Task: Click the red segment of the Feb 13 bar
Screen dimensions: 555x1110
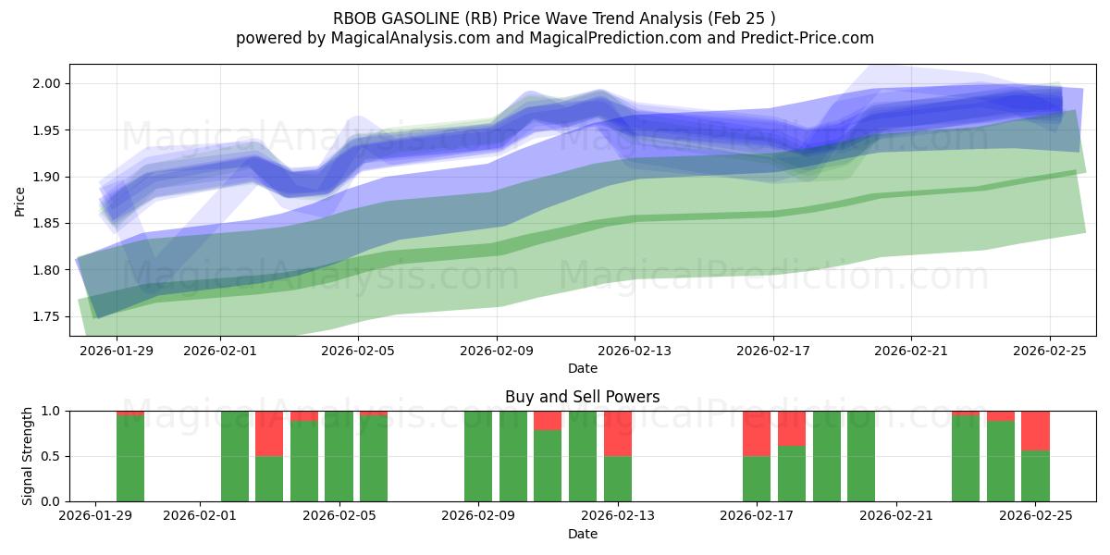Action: [x=618, y=433]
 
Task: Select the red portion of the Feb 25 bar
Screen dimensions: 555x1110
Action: [x=1035, y=430]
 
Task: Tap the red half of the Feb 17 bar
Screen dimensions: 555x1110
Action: [x=757, y=433]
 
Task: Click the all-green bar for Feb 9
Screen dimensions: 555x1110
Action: [x=478, y=456]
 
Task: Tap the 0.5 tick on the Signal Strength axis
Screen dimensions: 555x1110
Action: [x=50, y=456]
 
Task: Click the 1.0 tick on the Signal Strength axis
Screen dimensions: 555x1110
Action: [x=50, y=411]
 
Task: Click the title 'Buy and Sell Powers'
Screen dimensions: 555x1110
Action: [x=582, y=397]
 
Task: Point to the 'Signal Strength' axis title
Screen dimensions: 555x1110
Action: [x=28, y=456]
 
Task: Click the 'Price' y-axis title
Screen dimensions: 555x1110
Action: [x=20, y=201]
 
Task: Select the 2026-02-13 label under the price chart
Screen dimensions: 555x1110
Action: [x=635, y=351]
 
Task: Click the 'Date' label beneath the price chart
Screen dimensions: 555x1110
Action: [x=582, y=368]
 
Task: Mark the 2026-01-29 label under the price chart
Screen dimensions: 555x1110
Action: [x=117, y=351]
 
